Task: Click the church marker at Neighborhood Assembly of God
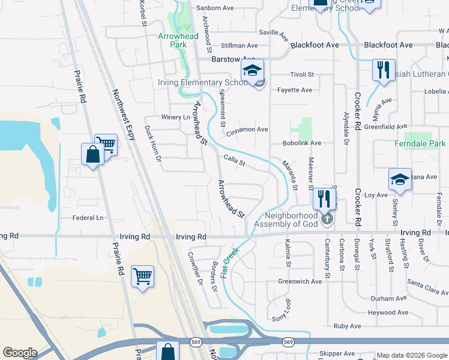(x=327, y=217)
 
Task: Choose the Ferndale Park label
(x=420, y=144)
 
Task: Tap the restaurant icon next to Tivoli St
(x=382, y=70)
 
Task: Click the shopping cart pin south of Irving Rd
(x=143, y=277)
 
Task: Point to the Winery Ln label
(x=175, y=117)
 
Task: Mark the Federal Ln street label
(x=88, y=218)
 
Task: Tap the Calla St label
(x=235, y=161)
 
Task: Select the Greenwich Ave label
(x=300, y=281)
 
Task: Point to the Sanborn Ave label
(x=219, y=8)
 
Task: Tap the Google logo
(x=20, y=353)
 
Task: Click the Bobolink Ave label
(x=303, y=143)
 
